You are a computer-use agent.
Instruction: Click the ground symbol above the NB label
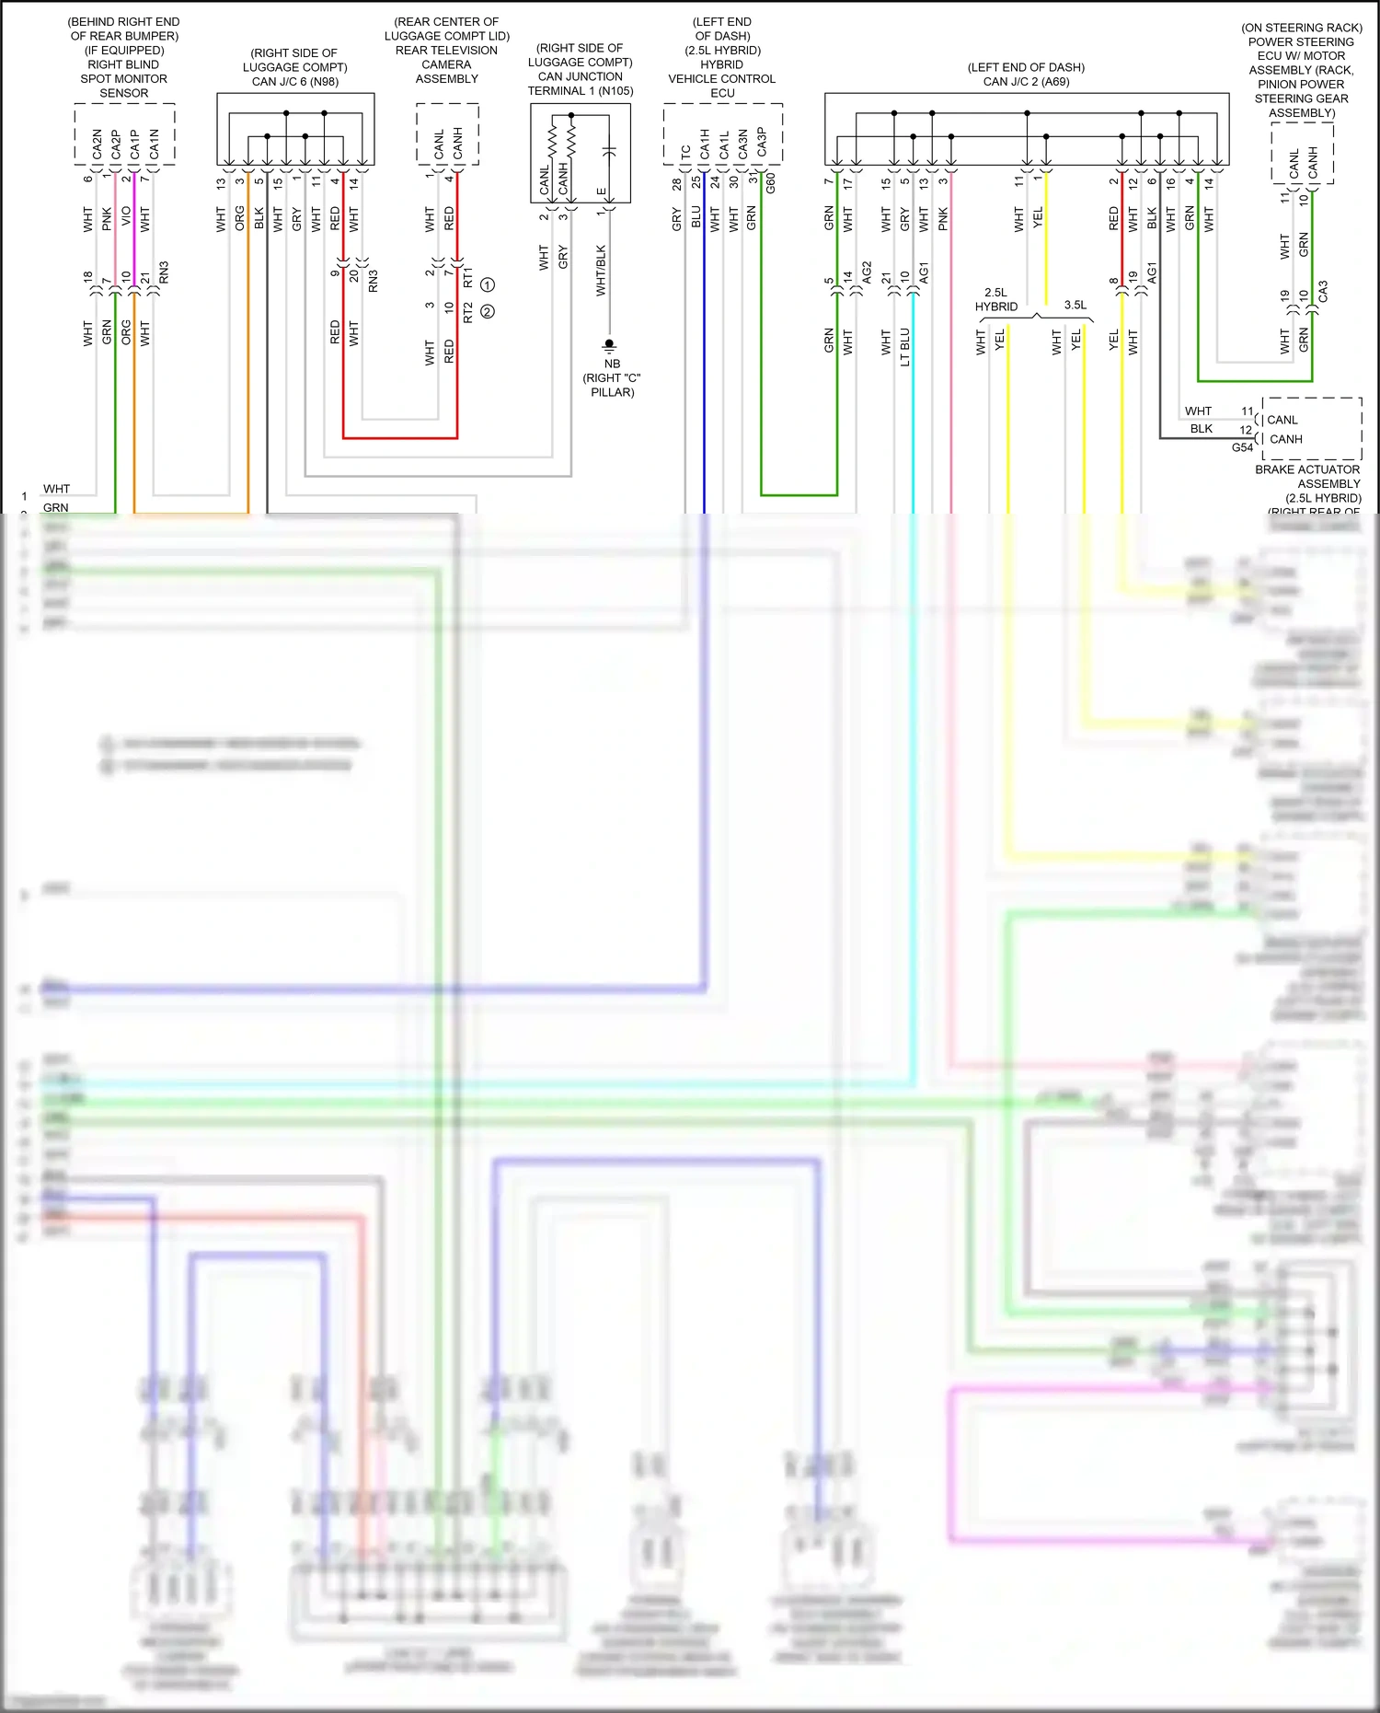(x=608, y=346)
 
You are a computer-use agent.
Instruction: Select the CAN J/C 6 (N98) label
(x=295, y=82)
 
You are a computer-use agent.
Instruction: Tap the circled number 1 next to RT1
(x=488, y=284)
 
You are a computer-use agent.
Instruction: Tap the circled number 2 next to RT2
(x=488, y=311)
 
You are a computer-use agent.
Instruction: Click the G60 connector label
(x=771, y=182)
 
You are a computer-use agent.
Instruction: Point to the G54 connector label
(x=1242, y=447)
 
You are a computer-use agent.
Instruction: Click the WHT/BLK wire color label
(x=601, y=270)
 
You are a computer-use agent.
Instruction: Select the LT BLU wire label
(x=904, y=346)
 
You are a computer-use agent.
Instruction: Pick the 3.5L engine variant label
(x=1075, y=305)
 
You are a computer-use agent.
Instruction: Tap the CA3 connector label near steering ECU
(x=1323, y=292)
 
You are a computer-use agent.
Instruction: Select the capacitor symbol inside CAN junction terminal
(x=608, y=151)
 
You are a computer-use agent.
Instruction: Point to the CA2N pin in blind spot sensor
(x=98, y=144)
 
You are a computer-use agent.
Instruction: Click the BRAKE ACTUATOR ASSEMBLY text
(x=1307, y=476)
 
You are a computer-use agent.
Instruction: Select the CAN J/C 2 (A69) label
(x=1026, y=82)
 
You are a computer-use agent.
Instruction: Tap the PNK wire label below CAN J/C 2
(x=943, y=219)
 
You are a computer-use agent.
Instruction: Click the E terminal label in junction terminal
(x=601, y=191)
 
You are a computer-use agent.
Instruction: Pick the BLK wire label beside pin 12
(x=1201, y=429)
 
